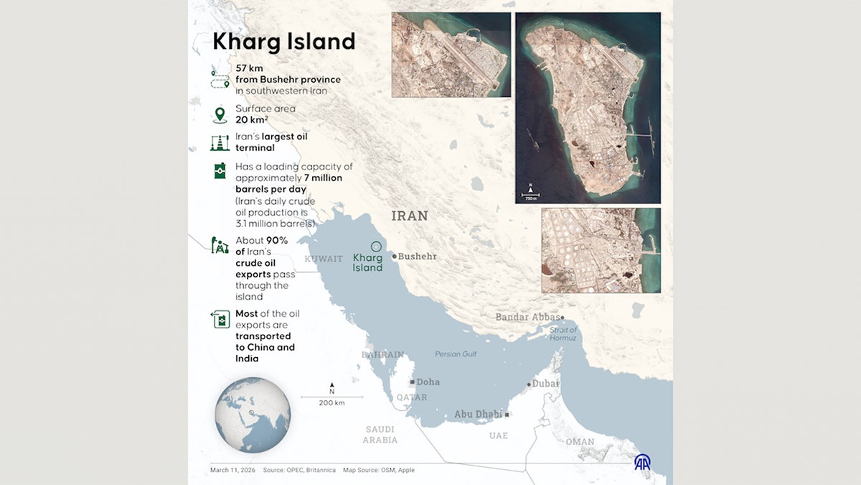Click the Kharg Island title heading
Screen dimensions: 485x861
click(x=283, y=42)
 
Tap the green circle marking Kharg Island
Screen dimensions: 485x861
click(x=376, y=246)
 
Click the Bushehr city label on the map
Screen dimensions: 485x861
click(x=417, y=257)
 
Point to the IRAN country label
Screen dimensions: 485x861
click(x=410, y=216)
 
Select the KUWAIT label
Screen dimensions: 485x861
click(x=324, y=259)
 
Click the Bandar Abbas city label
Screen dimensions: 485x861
click(x=527, y=317)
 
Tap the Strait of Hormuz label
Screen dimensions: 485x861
click(x=563, y=334)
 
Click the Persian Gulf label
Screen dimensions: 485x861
click(x=456, y=354)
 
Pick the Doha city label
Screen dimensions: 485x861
click(x=428, y=382)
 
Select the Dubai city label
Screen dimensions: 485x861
click(x=545, y=384)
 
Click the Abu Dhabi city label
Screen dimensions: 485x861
click(x=479, y=415)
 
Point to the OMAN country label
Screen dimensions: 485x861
click(x=579, y=442)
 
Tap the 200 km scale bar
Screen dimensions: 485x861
click(x=331, y=397)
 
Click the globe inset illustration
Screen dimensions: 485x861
click(x=253, y=415)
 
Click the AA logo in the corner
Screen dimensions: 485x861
click(x=642, y=462)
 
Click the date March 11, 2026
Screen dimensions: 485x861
click(x=231, y=470)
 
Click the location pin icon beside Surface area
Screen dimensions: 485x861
click(x=220, y=114)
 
